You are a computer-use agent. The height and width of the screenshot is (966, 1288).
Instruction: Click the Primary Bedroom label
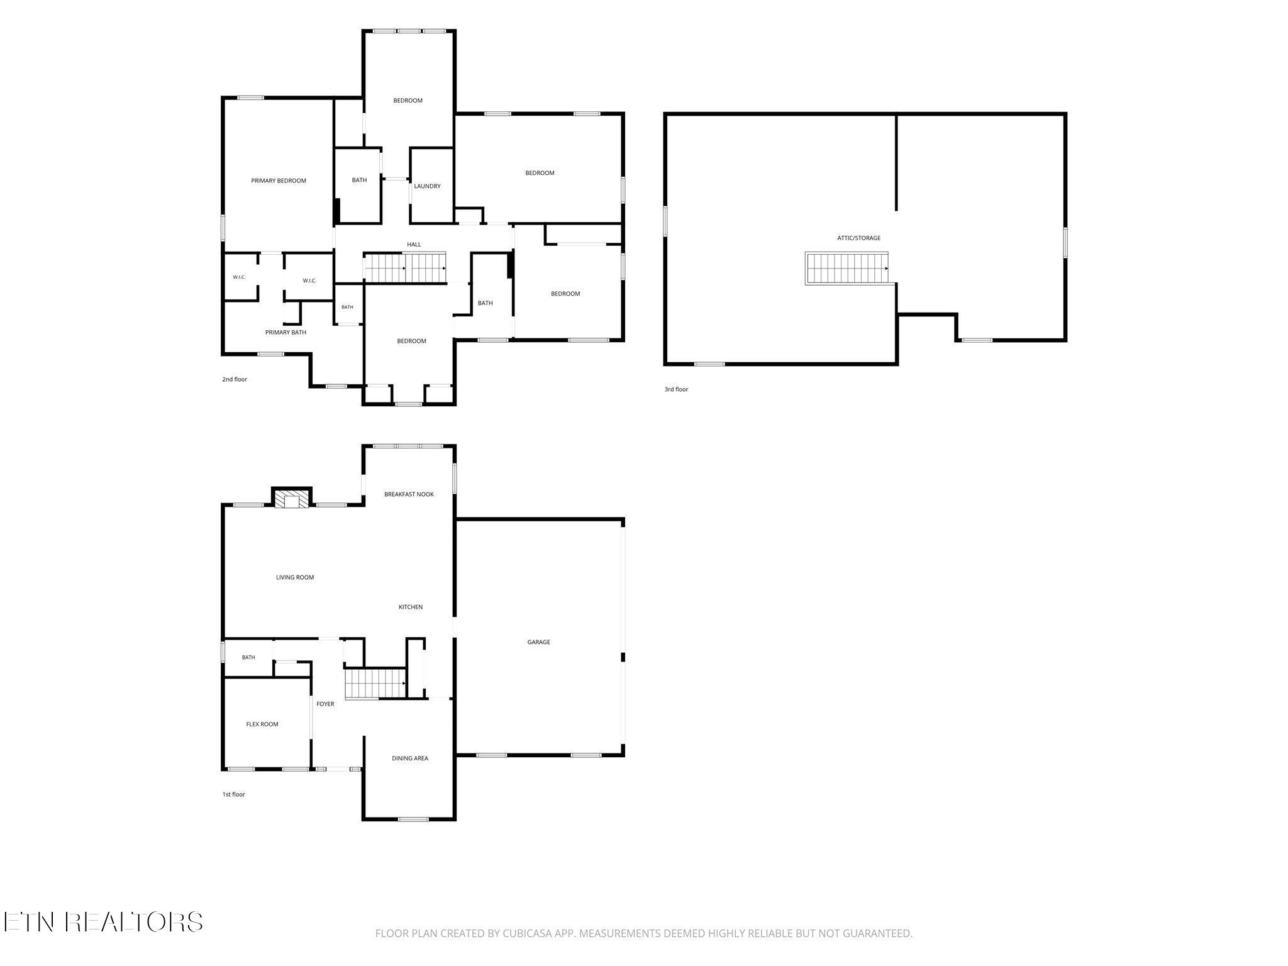coord(279,181)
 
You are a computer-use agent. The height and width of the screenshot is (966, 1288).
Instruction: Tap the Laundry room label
coord(427,186)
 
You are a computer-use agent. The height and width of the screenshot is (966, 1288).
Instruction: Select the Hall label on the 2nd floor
coord(414,245)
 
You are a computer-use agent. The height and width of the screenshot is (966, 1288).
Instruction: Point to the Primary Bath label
coord(286,332)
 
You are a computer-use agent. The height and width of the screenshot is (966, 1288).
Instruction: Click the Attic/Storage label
coord(858,238)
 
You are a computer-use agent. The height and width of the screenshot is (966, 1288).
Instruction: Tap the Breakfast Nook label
coord(409,494)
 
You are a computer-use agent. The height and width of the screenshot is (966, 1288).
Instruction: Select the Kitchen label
coord(411,607)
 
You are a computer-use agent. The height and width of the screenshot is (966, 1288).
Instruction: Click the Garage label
coord(538,642)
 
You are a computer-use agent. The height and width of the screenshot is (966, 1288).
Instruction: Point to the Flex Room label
coord(262,724)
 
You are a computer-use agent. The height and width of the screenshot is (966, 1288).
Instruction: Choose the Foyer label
coord(325,704)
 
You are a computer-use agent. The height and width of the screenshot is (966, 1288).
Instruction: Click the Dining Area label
coord(410,758)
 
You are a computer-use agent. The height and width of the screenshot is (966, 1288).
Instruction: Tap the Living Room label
coord(295,577)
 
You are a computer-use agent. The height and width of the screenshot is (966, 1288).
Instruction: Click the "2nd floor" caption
coord(235,379)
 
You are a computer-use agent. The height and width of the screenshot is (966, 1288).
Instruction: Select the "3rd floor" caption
coord(676,389)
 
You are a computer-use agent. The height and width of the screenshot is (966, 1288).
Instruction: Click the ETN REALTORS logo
coord(103,922)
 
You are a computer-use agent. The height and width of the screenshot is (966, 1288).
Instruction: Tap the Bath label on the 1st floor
coord(248,658)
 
